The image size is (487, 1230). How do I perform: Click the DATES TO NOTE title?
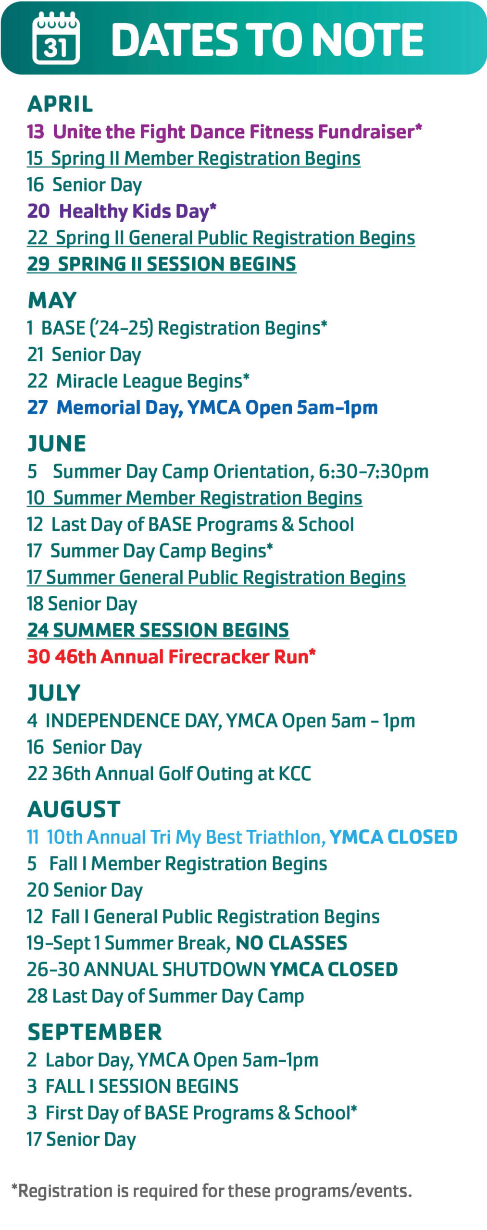pos(267,39)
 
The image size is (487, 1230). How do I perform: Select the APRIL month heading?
pos(60,104)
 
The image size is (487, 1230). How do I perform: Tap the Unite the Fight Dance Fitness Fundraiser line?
pos(224,132)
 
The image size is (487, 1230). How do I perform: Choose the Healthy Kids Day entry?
pos(122,211)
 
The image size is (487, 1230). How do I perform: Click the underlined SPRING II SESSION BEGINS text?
pos(162,264)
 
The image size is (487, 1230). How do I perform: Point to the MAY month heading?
pos(52,300)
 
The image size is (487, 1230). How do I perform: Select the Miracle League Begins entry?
pos(138,381)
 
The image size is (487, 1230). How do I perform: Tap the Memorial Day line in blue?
pos(202,407)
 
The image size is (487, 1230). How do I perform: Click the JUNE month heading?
pos(57,443)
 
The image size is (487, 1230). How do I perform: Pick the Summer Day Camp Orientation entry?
pos(227,471)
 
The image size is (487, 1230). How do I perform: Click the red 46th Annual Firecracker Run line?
pos(171,656)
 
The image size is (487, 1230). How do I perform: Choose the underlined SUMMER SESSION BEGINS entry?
pos(158,630)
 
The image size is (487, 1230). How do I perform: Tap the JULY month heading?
pos(54,693)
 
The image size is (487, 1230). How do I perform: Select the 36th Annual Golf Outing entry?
pos(169,774)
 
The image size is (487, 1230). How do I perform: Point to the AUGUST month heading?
pos(74,809)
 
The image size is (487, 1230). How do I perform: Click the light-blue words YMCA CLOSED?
pos(393,837)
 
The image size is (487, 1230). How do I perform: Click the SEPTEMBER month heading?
pos(95,1032)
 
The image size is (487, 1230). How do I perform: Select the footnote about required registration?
pos(212,1191)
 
